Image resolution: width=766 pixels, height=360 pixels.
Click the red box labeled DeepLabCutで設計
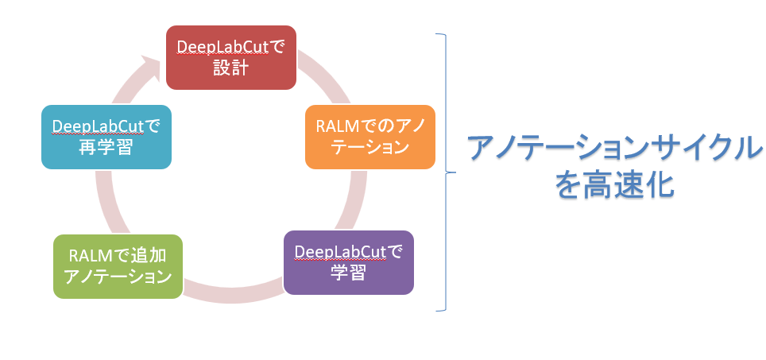point(231,58)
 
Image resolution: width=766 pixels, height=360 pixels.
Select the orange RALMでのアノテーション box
point(369,137)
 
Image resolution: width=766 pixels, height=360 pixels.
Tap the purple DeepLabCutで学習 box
point(348,262)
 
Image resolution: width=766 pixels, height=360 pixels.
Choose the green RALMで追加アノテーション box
point(118,266)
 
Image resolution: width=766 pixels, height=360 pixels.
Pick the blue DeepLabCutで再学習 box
point(106,137)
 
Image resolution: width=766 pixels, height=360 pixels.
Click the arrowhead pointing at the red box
point(149,67)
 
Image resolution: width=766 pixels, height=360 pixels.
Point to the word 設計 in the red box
point(231,68)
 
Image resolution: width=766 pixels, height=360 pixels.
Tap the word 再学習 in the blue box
point(106,146)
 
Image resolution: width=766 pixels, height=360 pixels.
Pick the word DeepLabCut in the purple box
point(341,252)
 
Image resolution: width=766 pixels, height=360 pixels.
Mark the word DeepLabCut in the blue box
point(99,126)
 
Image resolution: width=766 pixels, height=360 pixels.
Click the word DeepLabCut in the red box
point(223,48)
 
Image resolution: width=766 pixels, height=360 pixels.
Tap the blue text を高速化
point(614,185)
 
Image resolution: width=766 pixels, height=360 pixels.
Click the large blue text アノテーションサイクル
point(614,148)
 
